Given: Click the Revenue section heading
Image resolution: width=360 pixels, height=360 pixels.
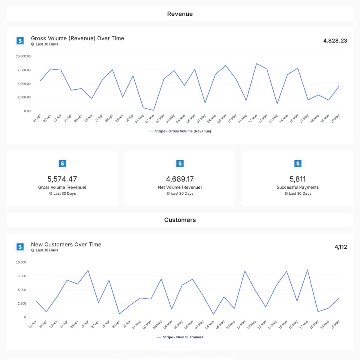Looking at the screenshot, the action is (180, 14).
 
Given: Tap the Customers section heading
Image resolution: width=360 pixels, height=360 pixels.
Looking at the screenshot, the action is (180, 220).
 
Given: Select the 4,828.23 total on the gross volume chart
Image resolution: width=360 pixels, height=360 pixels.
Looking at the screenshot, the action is (335, 41).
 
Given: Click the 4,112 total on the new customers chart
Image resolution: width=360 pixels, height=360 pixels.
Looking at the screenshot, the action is (341, 247).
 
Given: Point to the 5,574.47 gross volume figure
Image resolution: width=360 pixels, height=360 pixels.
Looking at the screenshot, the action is (62, 179).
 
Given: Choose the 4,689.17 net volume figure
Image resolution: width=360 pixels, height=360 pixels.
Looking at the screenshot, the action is (180, 179).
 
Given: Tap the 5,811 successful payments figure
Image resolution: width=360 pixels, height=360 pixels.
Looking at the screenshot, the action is (298, 179).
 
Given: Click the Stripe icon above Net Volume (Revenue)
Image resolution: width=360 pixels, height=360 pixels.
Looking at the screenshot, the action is (180, 163).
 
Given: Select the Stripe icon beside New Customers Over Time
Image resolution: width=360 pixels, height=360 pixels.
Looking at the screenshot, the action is (20, 247).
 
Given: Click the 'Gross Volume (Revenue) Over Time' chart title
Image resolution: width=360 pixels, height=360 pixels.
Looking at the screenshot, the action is (77, 38).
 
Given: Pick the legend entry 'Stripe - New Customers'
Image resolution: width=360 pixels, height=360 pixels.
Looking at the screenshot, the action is (180, 337).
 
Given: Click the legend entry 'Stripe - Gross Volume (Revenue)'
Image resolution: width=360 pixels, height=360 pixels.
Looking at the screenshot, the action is (180, 131).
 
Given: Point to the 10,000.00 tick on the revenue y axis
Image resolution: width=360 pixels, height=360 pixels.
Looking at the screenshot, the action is (23, 56).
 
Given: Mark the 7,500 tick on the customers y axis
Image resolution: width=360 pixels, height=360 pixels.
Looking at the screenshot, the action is (22, 276).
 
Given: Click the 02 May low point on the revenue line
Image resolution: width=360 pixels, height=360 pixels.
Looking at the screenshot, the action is (154, 110).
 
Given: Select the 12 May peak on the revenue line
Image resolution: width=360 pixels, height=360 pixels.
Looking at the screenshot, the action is (256, 64).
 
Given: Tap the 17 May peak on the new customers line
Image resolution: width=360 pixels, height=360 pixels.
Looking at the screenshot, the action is (307, 270).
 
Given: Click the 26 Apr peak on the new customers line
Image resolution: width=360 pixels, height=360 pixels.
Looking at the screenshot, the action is (88, 270).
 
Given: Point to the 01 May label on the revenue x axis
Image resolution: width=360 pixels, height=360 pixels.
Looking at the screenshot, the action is (139, 118).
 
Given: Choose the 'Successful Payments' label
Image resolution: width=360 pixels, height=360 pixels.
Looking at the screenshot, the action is (298, 187).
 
